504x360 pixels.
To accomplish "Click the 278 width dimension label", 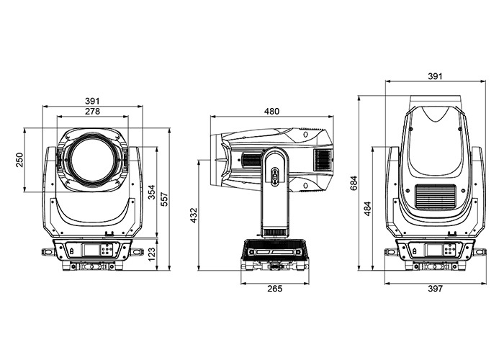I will pyautogui.click(x=92, y=112).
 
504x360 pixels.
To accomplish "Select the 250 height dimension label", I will pyautogui.click(x=19, y=160).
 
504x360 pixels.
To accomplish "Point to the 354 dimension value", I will pyautogui.click(x=150, y=192).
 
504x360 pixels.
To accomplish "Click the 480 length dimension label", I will pyautogui.click(x=271, y=112).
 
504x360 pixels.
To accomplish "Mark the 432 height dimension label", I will pyautogui.click(x=193, y=215).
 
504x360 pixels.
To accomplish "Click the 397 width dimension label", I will pyautogui.click(x=434, y=289).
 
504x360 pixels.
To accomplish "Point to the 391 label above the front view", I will pyautogui.click(x=92, y=101).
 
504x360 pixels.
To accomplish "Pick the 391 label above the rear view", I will pyautogui.click(x=434, y=75).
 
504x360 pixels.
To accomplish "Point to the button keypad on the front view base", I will pyautogui.click(x=107, y=250).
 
